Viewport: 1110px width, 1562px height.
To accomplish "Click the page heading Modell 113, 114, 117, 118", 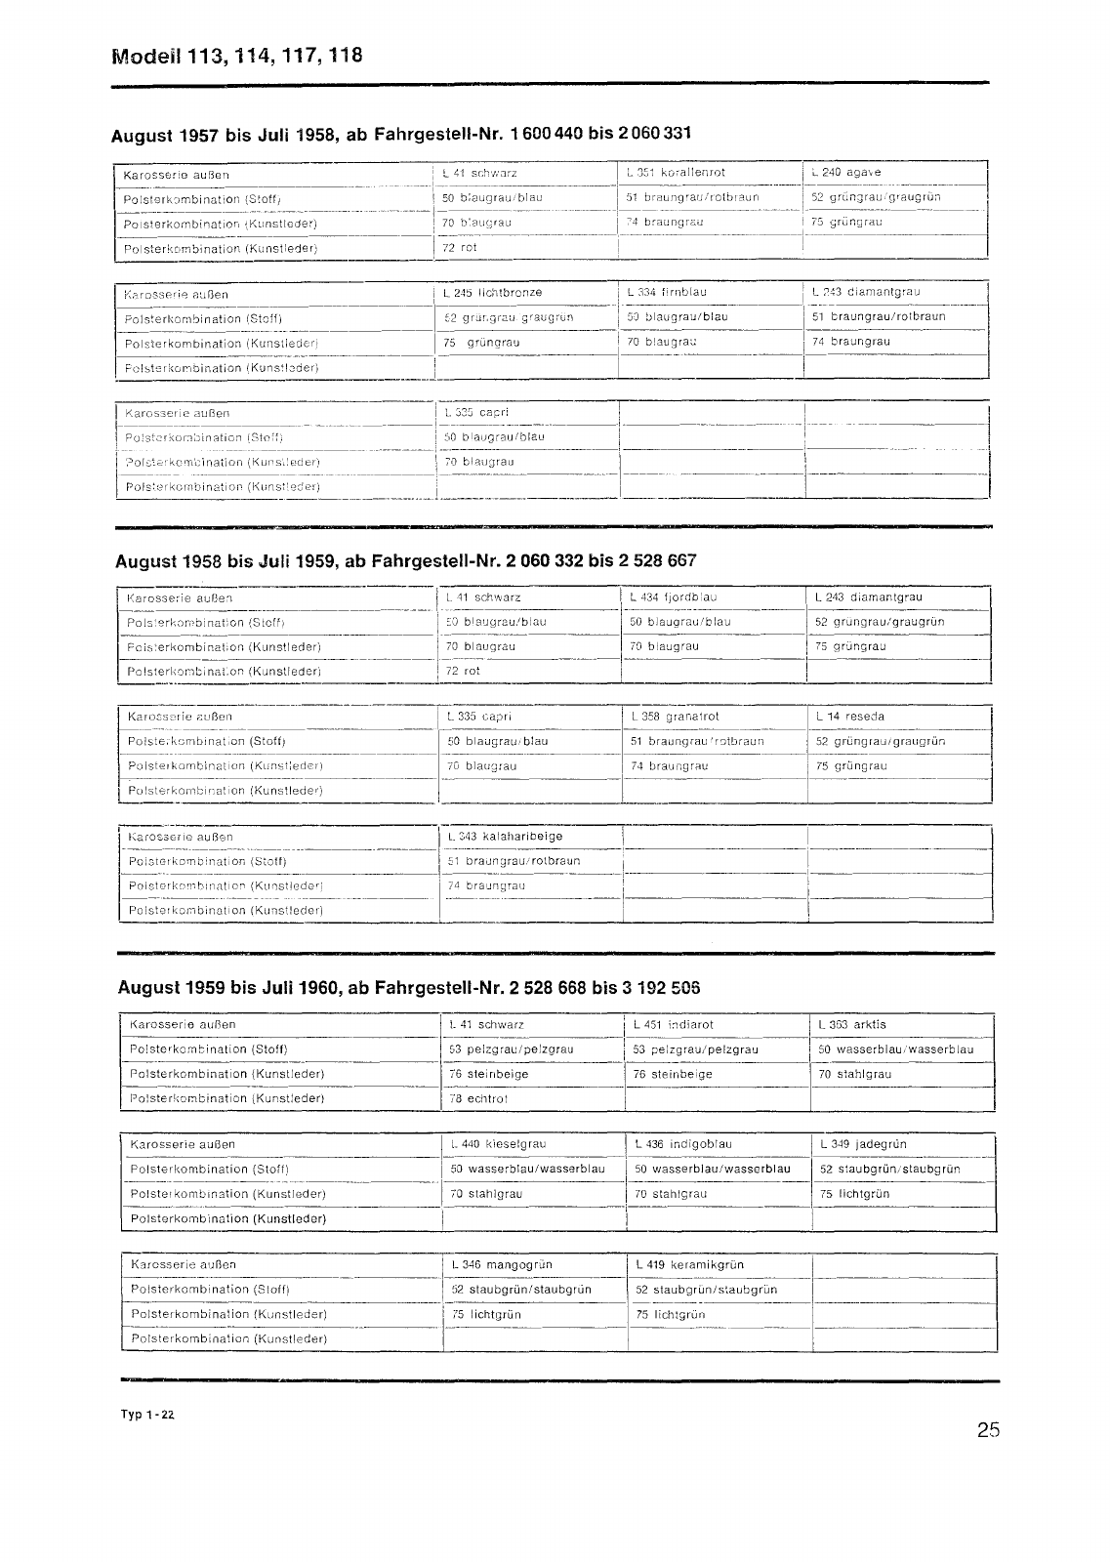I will (237, 55).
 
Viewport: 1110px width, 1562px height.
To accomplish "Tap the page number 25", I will (987, 1431).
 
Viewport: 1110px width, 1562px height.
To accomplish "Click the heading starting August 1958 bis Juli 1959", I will (405, 561).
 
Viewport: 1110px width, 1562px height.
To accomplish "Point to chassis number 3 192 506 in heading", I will (660, 988).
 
